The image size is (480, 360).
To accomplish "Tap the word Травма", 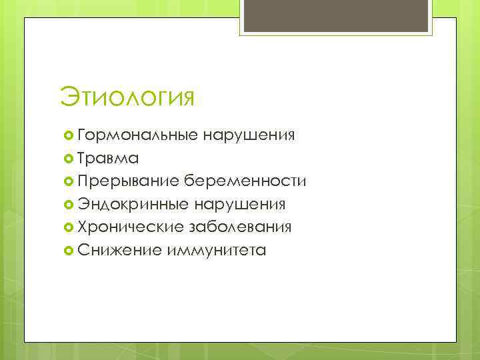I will [108, 158].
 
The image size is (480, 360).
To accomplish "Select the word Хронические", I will [131, 227].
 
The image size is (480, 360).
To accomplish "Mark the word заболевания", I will [241, 227].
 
